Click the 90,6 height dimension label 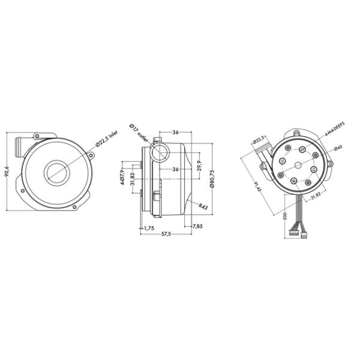(7, 172)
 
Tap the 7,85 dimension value (197, 226)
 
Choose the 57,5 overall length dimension (167, 234)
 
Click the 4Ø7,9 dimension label (122, 178)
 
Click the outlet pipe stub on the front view (18, 143)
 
